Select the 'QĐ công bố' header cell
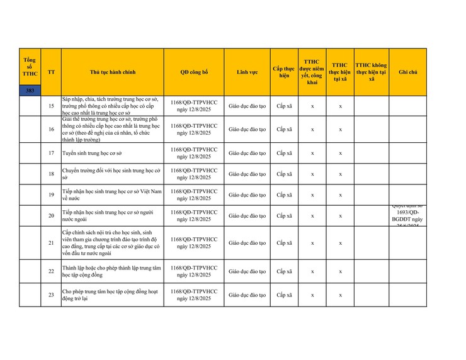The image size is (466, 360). [194, 72]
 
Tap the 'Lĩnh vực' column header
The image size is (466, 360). [247, 72]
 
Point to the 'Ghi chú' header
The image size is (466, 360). [407, 72]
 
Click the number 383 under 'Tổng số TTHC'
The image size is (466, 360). [30, 91]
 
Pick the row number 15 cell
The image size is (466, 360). [51, 106]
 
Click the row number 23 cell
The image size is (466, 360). [51, 295]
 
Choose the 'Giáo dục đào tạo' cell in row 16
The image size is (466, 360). [247, 129]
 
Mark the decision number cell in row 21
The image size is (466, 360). [194, 243]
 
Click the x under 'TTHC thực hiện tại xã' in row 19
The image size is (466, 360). [340, 195]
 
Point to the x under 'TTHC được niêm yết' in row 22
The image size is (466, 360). [312, 271]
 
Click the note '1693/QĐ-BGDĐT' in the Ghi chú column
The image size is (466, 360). [407, 216]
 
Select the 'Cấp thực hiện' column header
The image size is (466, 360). [285, 72]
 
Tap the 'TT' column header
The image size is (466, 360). [51, 72]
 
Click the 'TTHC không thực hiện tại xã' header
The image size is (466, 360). [372, 72]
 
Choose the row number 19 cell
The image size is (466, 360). [51, 195]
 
